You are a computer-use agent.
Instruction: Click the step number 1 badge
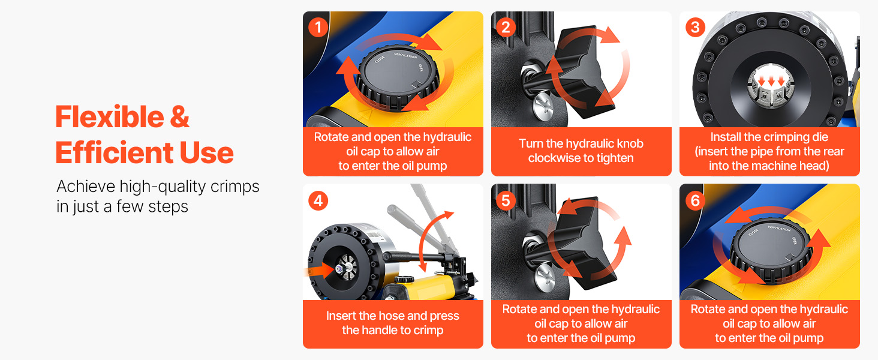pos(318,28)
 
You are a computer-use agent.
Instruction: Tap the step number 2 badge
pos(506,28)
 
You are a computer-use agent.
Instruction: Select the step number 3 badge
pos(695,28)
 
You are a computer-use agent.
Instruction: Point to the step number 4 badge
pos(318,201)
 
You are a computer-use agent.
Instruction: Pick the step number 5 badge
pos(506,201)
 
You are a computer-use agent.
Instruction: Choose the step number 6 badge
pos(695,201)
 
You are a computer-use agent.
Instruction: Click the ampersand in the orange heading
pos(180,117)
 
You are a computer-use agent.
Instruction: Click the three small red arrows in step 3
pos(771,81)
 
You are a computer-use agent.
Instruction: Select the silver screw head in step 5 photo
pos(544,278)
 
